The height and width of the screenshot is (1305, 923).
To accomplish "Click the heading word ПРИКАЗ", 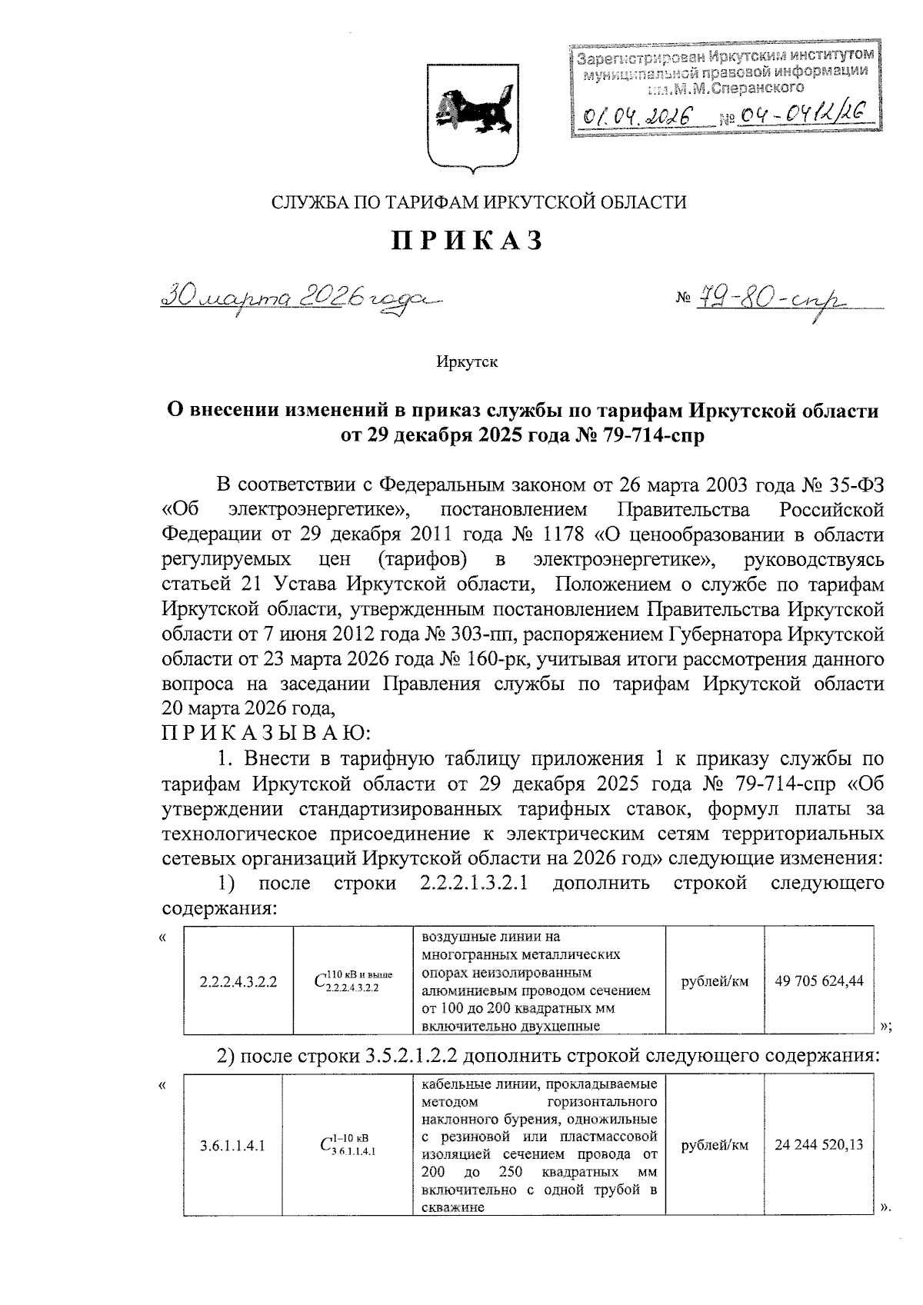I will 468,241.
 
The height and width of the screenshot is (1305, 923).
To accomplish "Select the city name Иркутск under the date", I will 467,361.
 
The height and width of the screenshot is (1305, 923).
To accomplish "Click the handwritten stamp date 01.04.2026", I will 638,118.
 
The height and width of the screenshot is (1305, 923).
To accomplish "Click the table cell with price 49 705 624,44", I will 819,980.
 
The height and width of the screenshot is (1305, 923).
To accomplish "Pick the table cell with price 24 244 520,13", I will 819,1144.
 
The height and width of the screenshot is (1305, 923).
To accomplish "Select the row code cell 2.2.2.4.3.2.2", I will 238,981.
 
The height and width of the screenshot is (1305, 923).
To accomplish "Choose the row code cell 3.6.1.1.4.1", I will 232,1145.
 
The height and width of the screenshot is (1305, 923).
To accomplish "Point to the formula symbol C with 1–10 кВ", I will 348,1145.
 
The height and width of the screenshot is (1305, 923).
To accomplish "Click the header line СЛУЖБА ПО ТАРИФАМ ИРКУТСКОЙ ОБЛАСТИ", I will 478,201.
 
